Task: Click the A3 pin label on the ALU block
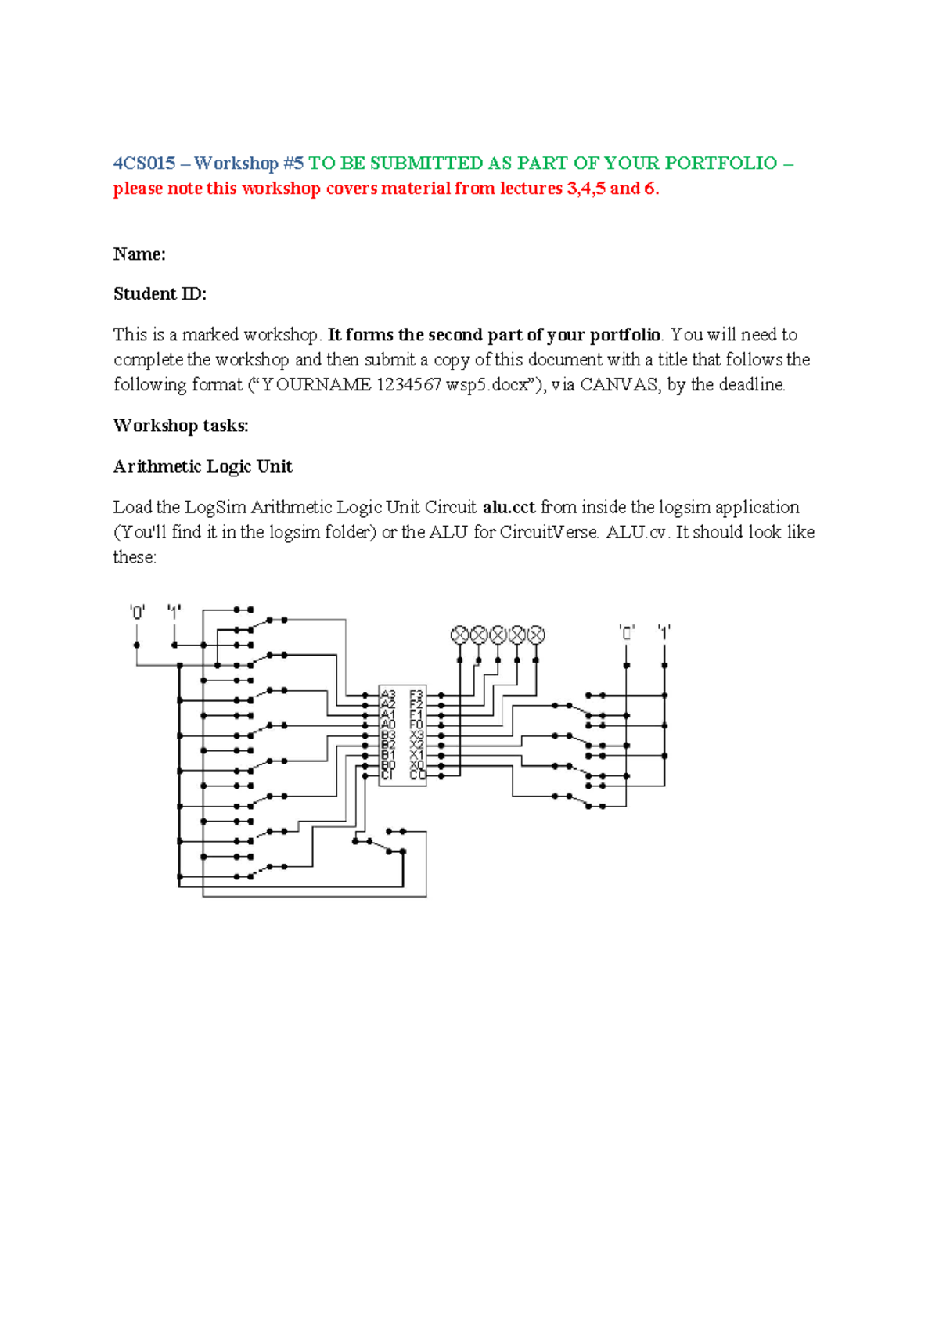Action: coord(388,695)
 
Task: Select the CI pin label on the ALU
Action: coord(387,775)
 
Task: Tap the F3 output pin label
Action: coord(416,695)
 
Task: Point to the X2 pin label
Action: coord(416,745)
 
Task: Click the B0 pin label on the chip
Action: coord(388,765)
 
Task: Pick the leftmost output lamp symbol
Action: coord(460,635)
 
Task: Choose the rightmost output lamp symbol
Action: coord(536,635)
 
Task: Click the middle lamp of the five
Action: coord(498,635)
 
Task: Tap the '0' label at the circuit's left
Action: coord(137,613)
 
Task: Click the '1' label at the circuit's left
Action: coord(174,611)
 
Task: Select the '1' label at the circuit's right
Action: coord(664,631)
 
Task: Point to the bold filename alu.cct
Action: coord(509,507)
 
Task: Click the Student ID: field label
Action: coord(160,294)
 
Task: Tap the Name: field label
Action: coord(139,254)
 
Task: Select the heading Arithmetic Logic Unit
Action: coord(203,466)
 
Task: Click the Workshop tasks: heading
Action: coord(181,426)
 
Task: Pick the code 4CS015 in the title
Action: coord(145,164)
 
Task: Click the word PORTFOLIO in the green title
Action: coord(721,164)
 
